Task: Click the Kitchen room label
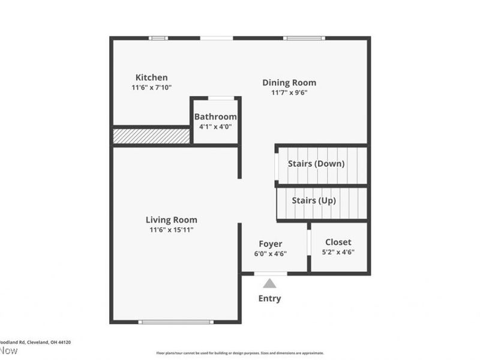[151, 77]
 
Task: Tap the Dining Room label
[289, 83]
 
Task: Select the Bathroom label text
[215, 116]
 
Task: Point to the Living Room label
[172, 220]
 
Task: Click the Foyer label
[270, 244]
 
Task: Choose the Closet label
[338, 242]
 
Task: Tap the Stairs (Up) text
[314, 200]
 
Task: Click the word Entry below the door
[269, 298]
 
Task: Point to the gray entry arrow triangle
[270, 284]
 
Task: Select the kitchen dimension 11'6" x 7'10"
[152, 88]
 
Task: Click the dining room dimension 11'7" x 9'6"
[289, 92]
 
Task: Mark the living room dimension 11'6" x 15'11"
[172, 230]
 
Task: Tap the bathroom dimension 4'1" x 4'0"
[215, 127]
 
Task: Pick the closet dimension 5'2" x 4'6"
[338, 252]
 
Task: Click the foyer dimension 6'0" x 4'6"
[270, 254]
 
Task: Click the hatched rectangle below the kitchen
[152, 136]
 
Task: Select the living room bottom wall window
[175, 322]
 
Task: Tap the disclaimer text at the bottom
[240, 353]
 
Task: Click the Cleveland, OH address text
[36, 342]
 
